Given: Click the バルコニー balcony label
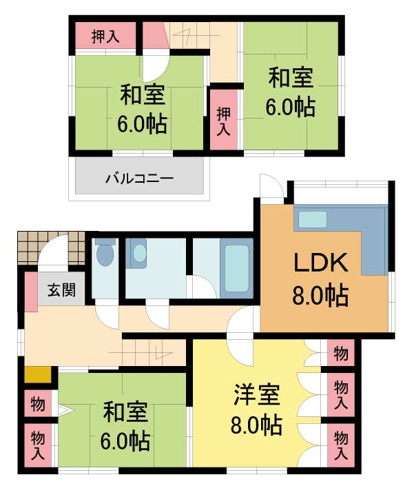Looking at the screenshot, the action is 139,179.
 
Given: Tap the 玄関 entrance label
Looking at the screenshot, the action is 61,290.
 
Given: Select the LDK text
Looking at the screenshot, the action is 320,263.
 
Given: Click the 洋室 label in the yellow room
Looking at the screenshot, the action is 257,394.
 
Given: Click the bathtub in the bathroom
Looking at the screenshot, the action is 237,268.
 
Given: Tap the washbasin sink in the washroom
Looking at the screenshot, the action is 139,253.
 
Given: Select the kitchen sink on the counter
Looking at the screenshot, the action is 313,219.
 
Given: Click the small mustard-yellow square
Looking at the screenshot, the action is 38,375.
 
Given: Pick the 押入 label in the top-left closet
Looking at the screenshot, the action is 105,37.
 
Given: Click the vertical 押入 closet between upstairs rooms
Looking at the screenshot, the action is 224,120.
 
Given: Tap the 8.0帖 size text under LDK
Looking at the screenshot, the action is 320,295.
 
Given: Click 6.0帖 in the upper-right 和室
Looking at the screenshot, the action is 291,107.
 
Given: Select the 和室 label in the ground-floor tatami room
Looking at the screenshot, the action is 125,412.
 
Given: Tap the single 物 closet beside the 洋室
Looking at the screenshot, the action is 341,354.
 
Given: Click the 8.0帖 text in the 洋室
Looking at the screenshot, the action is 257,425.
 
